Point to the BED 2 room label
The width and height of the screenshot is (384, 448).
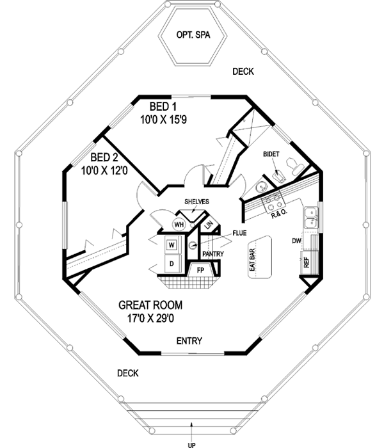(x=102, y=157)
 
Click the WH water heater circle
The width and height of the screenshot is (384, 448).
(x=179, y=225)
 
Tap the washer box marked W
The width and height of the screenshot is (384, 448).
(x=172, y=244)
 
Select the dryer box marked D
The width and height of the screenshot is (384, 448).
(x=172, y=262)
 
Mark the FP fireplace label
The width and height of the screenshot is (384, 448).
(x=199, y=270)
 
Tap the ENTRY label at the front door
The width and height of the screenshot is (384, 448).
(x=189, y=340)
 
